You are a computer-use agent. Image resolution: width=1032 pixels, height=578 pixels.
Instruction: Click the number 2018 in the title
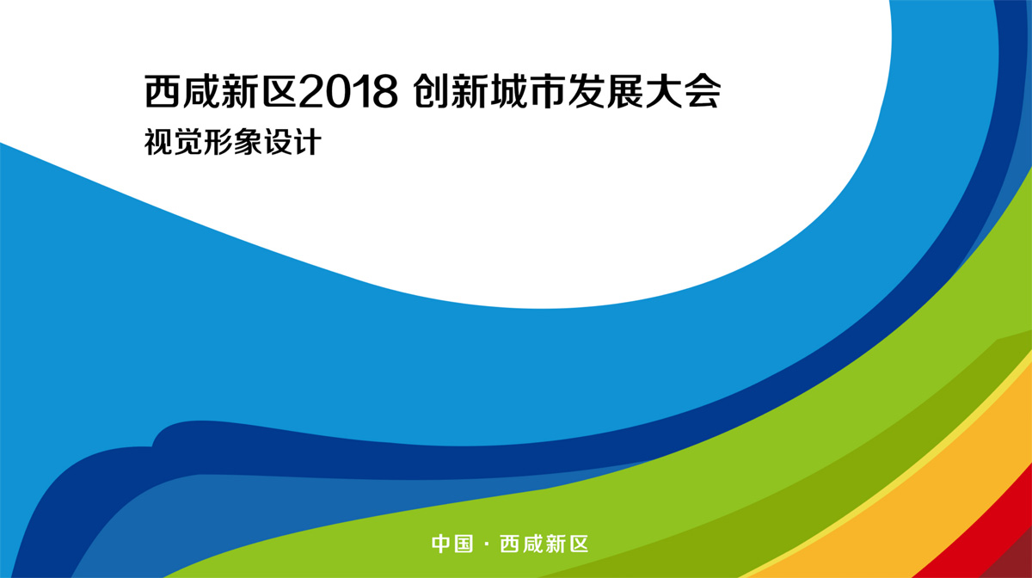pyautogui.click(x=348, y=92)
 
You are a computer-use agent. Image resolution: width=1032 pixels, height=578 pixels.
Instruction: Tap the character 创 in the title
pyautogui.click(x=431, y=92)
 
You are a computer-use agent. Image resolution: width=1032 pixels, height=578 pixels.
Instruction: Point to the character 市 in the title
pyautogui.click(x=547, y=92)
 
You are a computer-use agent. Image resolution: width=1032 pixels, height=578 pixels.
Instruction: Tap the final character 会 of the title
pyautogui.click(x=702, y=92)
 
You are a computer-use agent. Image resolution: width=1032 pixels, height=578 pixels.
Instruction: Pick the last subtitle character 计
pyautogui.click(x=307, y=142)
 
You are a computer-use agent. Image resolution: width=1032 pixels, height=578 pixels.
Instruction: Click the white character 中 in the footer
pyautogui.click(x=441, y=544)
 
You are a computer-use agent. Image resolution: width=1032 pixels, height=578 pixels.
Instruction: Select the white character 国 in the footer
pyautogui.click(x=464, y=544)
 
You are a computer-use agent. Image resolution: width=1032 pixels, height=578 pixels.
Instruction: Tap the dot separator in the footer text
pyautogui.click(x=487, y=544)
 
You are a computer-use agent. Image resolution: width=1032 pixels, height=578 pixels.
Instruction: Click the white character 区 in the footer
pyautogui.click(x=579, y=544)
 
